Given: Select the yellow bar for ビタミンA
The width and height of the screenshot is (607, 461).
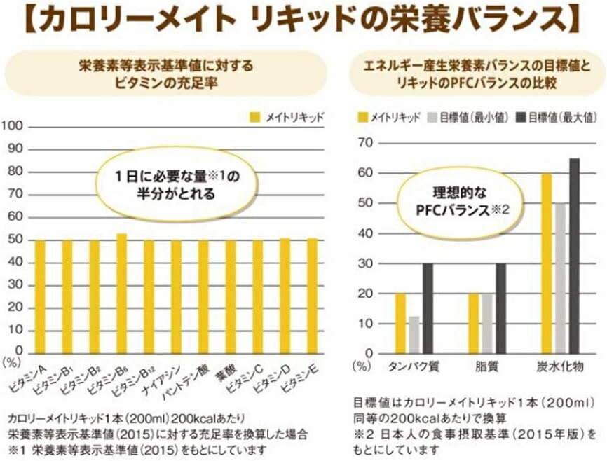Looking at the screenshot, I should tap(41, 296).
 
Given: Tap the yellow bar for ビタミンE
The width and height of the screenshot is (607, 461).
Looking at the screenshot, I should tap(311, 295).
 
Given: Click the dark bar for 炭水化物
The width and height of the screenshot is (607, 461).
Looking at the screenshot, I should tap(575, 255).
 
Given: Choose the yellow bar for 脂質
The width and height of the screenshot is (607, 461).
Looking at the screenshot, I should tap(474, 322).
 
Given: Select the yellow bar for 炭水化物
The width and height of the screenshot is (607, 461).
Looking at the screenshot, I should tap(546, 263).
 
